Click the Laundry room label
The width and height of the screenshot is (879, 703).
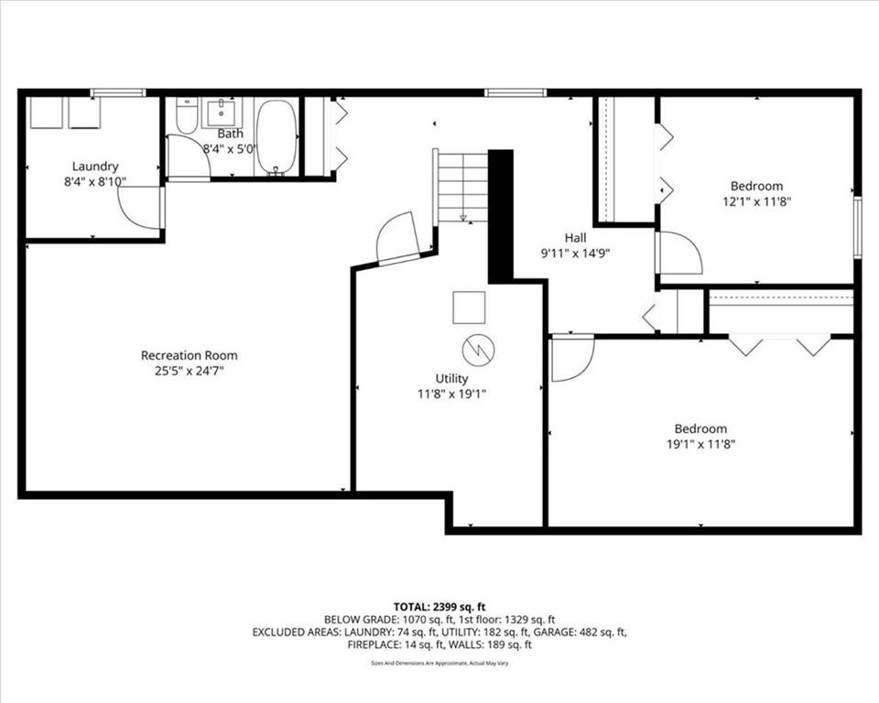click(x=95, y=166)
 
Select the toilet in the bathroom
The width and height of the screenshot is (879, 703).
click(x=187, y=115)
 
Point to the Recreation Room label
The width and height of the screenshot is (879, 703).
click(x=189, y=355)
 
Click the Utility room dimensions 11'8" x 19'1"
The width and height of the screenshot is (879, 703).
click(x=451, y=395)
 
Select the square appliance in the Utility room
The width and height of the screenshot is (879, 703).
click(x=469, y=308)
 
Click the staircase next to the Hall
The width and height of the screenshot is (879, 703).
click(x=462, y=187)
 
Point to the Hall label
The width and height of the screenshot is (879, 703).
click(x=575, y=238)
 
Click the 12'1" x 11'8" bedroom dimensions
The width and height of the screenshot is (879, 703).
click(x=756, y=201)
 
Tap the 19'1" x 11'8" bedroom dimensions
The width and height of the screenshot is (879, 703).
click(x=700, y=445)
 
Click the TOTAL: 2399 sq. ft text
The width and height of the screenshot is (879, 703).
click(x=439, y=607)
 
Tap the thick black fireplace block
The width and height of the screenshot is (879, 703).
click(x=501, y=216)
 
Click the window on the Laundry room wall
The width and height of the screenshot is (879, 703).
click(x=118, y=93)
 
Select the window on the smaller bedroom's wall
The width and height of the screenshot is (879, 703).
click(x=858, y=227)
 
